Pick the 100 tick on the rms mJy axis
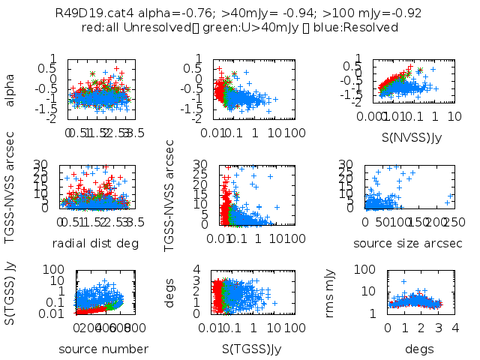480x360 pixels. click(375, 268)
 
